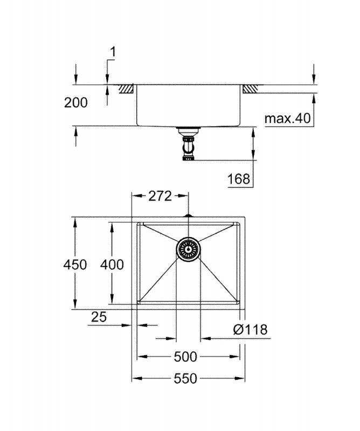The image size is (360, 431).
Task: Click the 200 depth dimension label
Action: click(75, 102)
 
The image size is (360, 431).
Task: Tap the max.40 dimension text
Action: click(287, 118)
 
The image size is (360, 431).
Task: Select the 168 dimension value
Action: click(239, 179)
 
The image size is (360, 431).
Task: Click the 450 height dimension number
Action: click(75, 265)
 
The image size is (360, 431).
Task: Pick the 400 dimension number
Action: click(112, 265)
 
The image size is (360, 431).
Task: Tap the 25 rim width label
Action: click(99, 317)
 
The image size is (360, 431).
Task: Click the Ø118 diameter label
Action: click(250, 329)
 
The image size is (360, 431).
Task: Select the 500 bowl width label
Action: click(185, 357)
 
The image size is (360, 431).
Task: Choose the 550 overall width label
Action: click(185, 379)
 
